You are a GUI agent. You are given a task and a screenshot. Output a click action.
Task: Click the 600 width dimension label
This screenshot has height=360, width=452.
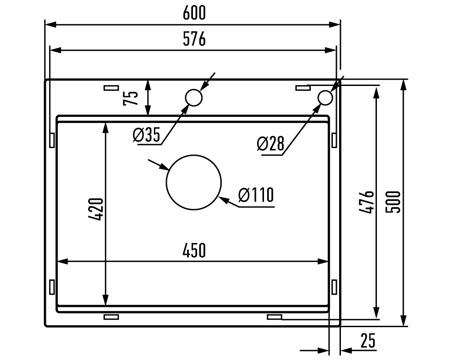pyautogui.click(x=194, y=13)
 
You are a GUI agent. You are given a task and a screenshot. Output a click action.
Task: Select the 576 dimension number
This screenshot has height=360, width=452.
pyautogui.click(x=194, y=39)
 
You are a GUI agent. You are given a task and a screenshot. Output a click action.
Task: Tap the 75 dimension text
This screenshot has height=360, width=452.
pyautogui.click(x=130, y=98)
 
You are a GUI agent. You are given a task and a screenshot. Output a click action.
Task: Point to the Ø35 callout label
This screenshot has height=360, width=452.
pyautogui.click(x=147, y=135)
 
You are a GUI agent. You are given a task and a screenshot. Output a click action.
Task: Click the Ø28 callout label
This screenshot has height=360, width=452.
pyautogui.click(x=270, y=144)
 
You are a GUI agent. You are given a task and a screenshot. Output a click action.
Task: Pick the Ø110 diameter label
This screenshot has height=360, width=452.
pyautogui.click(x=256, y=195)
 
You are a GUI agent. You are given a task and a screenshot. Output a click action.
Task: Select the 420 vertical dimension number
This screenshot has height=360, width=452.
pyautogui.click(x=96, y=209)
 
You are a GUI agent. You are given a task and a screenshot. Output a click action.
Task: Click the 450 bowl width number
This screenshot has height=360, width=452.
pyautogui.click(x=194, y=250)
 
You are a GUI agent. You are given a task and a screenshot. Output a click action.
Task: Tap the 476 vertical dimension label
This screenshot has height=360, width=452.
pyautogui.click(x=367, y=202)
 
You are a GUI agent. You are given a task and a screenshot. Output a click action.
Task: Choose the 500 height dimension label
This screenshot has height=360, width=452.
pyautogui.click(x=393, y=202)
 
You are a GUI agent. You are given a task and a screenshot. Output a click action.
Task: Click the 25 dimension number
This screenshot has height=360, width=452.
pyautogui.click(x=368, y=341)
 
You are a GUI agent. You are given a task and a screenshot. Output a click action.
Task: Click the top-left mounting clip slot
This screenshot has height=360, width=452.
pyautogui.click(x=111, y=88)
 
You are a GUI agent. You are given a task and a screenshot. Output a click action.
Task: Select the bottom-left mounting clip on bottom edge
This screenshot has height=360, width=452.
pyautogui.click(x=111, y=317)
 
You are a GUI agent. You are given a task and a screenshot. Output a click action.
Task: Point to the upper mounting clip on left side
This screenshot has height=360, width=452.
pyautogui.click(x=52, y=140)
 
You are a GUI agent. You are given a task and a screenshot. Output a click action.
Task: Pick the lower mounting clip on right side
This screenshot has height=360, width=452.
pyautogui.click(x=334, y=287)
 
